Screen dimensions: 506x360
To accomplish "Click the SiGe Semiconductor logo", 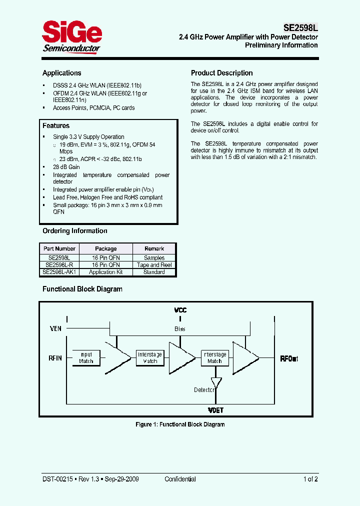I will [x=71, y=37].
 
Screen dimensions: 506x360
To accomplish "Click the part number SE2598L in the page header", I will [x=297, y=27].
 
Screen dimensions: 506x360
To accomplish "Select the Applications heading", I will [x=61, y=73].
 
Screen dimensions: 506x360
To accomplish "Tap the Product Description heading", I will [x=222, y=73].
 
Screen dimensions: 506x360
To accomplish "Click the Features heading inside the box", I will [x=56, y=126].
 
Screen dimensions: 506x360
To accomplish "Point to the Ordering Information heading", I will [x=75, y=231].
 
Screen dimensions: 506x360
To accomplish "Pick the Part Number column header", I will [x=59, y=248].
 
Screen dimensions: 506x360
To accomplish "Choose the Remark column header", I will [x=154, y=248].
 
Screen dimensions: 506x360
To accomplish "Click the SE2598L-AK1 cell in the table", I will [x=59, y=272].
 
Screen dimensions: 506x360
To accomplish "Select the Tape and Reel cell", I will [x=154, y=265].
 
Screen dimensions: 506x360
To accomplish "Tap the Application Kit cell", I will [x=106, y=272].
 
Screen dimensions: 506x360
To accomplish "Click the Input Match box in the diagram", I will [x=86, y=358].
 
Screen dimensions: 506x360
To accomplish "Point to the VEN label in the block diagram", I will [x=56, y=328].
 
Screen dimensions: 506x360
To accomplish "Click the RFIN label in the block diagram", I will [x=55, y=358].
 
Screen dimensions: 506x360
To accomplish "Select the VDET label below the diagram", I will [x=215, y=410].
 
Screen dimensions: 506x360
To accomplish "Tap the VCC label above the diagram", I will [x=180, y=310].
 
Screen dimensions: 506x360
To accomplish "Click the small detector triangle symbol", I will [x=216, y=382].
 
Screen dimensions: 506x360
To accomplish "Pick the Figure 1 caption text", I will [x=180, y=424].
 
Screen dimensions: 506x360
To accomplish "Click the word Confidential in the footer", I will [x=180, y=479].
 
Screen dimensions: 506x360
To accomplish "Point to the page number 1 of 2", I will [x=310, y=479].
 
